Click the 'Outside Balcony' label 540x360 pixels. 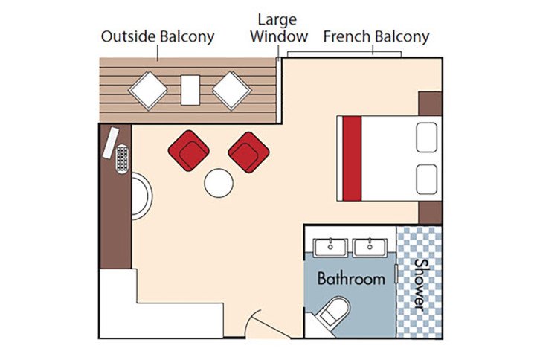[158, 36]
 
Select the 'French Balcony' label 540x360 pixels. [376, 36]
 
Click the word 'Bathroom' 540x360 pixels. [351, 279]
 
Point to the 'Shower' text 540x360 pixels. [420, 286]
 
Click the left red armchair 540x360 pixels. [186, 150]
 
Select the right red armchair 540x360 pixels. [248, 151]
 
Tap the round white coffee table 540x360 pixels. [219, 183]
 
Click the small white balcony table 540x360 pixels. [190, 90]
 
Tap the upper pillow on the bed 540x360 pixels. [426, 138]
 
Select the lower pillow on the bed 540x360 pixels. [426, 179]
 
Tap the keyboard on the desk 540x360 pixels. [122, 158]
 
